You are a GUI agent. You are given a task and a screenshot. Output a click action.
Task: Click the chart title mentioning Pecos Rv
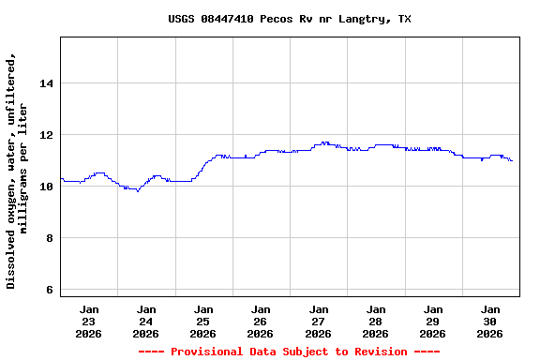[289, 19]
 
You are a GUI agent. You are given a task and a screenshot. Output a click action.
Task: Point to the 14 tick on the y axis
[46, 83]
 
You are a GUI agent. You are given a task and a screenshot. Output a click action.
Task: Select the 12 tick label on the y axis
[46, 135]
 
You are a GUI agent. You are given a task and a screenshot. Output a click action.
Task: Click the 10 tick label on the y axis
[46, 187]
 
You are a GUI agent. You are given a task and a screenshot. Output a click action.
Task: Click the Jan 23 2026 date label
[89, 321]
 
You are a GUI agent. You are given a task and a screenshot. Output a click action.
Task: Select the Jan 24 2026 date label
[146, 321]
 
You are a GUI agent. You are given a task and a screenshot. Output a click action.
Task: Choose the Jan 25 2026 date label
[203, 321]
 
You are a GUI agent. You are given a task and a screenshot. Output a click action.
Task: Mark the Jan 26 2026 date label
[261, 321]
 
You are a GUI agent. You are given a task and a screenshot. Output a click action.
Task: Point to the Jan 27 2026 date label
[319, 321]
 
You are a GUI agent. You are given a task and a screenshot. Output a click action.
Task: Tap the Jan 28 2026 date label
[376, 321]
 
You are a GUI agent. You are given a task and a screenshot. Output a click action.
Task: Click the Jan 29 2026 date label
[433, 321]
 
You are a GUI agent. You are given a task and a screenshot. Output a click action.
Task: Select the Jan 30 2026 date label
[490, 321]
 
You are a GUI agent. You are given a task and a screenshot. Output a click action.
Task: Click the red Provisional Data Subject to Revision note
[289, 352]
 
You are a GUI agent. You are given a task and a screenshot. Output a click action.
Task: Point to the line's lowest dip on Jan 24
[137, 191]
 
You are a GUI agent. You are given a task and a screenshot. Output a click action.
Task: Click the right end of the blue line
[512, 161]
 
